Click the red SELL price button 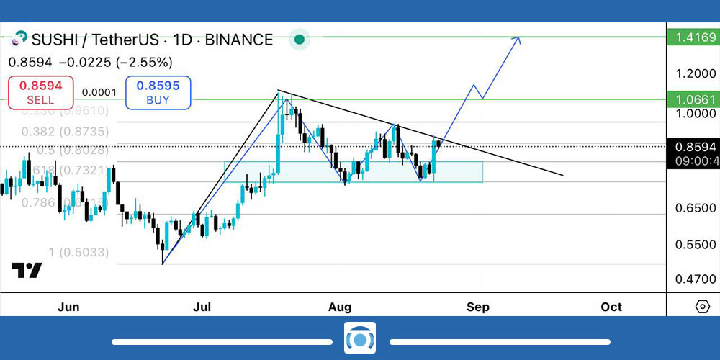pyautogui.click(x=40, y=92)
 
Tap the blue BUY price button pyautogui.click(x=158, y=92)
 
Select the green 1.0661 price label pyautogui.click(x=692, y=99)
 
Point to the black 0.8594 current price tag pyautogui.click(x=692, y=146)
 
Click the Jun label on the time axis pyautogui.click(x=68, y=307)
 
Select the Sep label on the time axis pyautogui.click(x=478, y=307)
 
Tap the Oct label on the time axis pyautogui.click(x=611, y=307)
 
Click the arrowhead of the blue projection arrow pyautogui.click(x=517, y=39)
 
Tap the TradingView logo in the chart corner pyautogui.click(x=27, y=271)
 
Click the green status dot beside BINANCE pyautogui.click(x=300, y=40)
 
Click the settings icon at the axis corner pyautogui.click(x=703, y=307)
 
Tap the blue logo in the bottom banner pyautogui.click(x=360, y=338)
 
